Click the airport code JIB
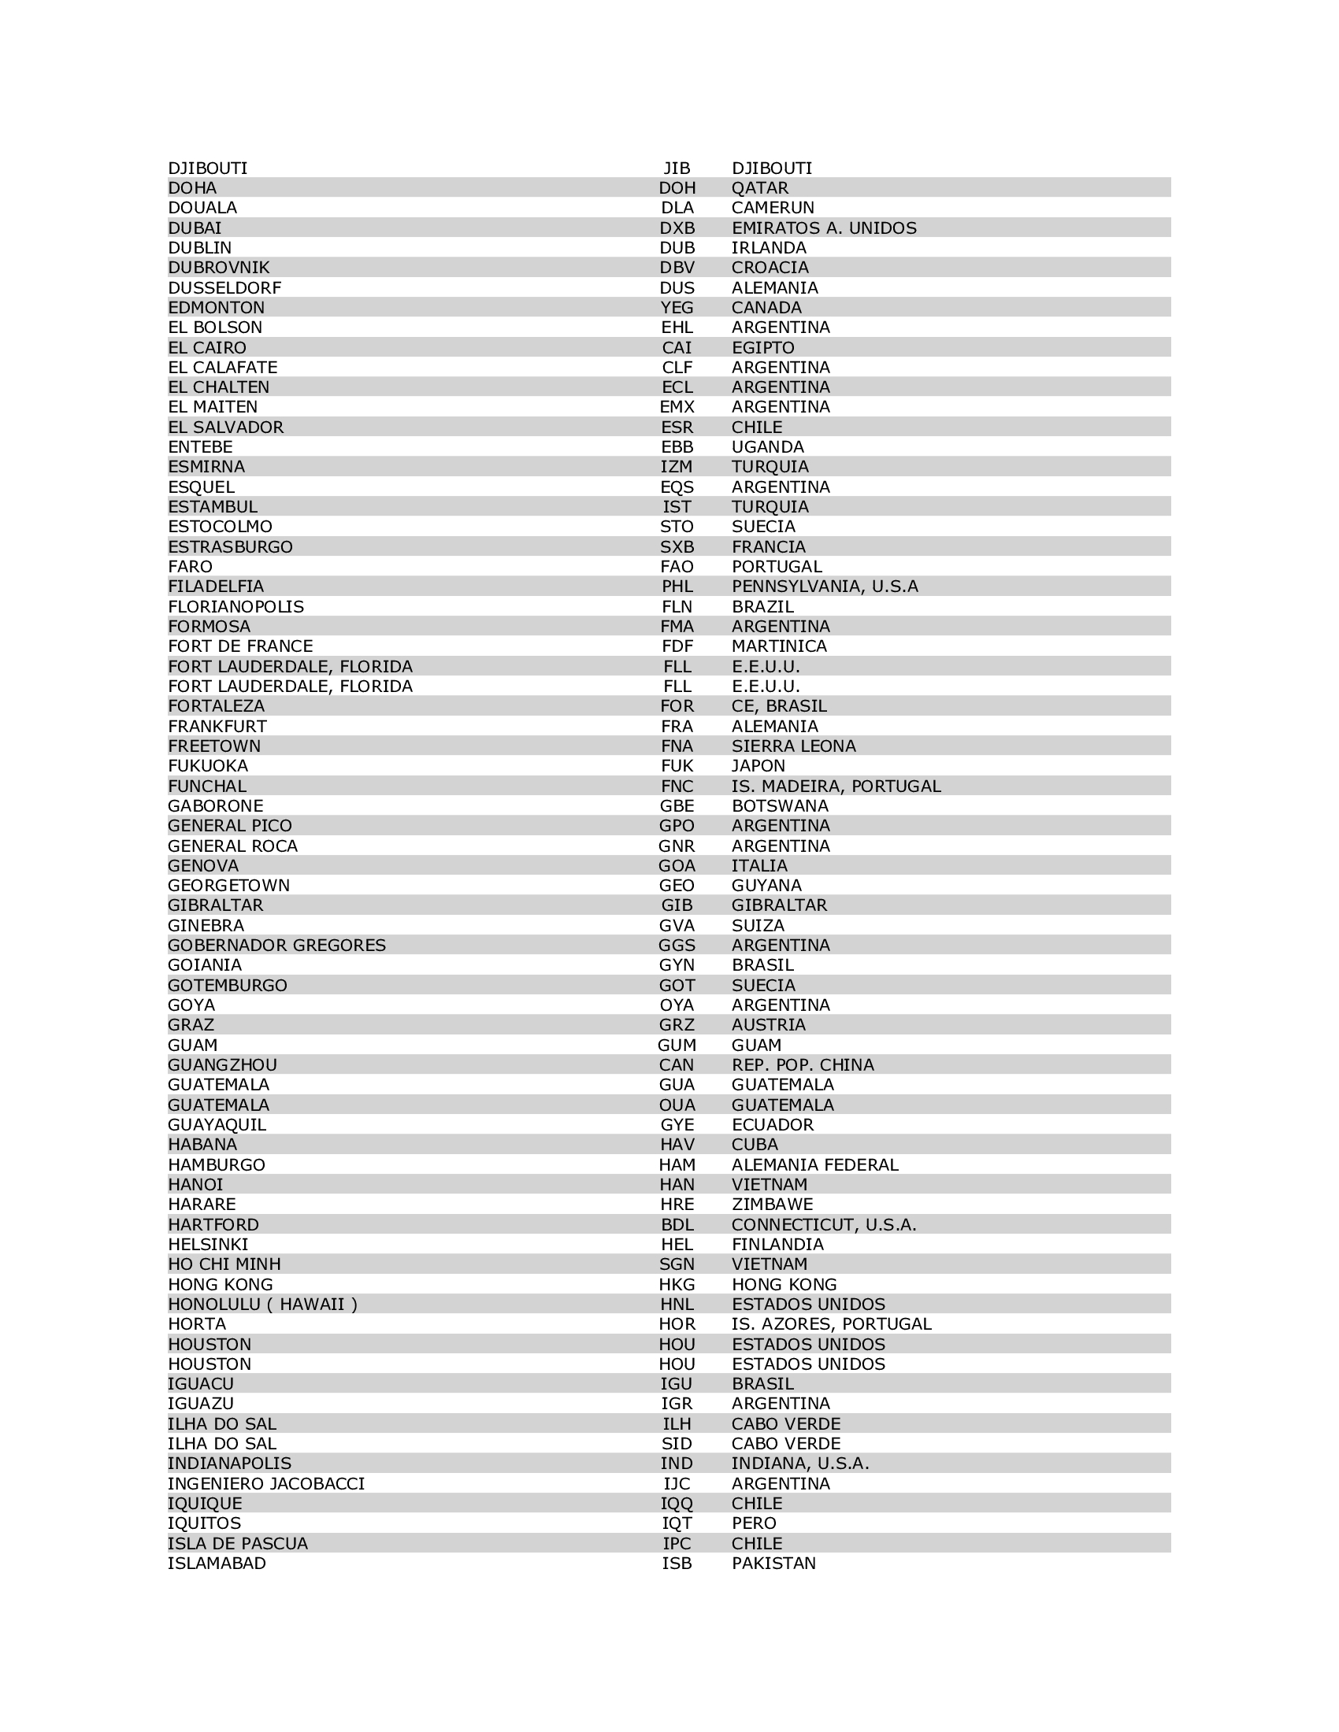click(677, 168)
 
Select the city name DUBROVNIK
click(218, 267)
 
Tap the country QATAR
click(759, 188)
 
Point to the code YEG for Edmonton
click(677, 308)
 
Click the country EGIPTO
click(762, 347)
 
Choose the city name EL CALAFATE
click(222, 367)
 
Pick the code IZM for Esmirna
click(677, 466)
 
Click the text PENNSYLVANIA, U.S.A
click(824, 586)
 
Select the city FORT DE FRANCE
click(240, 646)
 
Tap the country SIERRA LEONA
click(793, 746)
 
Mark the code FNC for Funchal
click(677, 786)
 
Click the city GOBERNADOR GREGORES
click(276, 946)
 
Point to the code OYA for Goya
click(677, 1005)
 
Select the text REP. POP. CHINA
click(802, 1065)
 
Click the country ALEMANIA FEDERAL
click(814, 1164)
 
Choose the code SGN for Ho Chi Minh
click(677, 1264)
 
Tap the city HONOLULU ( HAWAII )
click(262, 1304)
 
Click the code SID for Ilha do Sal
click(677, 1443)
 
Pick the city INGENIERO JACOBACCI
click(265, 1483)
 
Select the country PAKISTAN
click(773, 1563)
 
